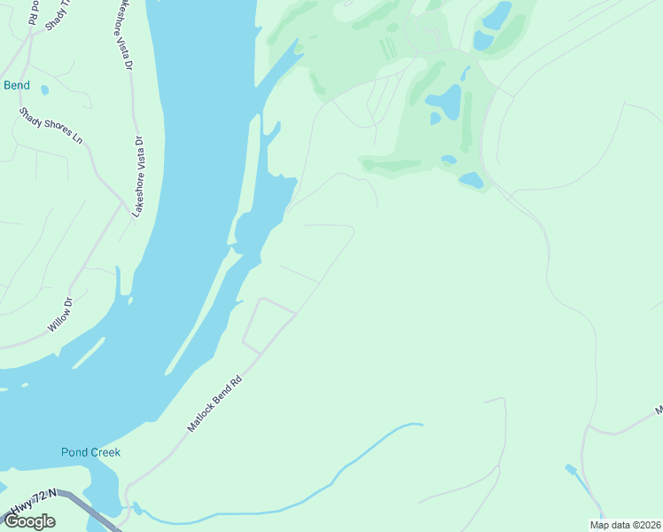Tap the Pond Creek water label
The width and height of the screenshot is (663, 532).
tap(90, 452)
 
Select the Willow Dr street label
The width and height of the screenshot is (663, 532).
tap(59, 316)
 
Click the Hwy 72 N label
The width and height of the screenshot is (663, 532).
tap(33, 502)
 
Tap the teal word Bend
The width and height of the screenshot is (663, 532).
tap(17, 86)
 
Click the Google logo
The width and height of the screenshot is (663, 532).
tap(30, 521)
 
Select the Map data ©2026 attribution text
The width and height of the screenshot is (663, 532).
tap(626, 525)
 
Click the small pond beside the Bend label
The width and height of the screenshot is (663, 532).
tap(44, 90)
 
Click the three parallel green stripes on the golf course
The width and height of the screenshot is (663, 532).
tap(388, 49)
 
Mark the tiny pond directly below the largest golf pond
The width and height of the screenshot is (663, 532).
tap(435, 118)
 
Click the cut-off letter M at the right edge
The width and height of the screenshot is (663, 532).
tap(659, 411)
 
